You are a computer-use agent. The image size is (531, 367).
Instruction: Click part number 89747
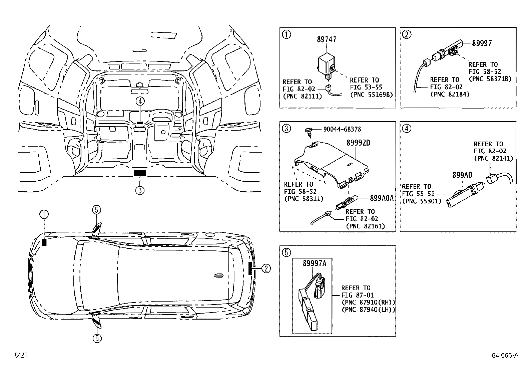pyautogui.click(x=327, y=39)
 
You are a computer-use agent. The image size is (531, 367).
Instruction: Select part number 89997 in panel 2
pyautogui.click(x=482, y=43)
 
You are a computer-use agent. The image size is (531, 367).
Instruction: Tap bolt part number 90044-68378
pyautogui.click(x=342, y=129)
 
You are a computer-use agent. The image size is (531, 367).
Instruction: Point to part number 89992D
pyautogui.click(x=358, y=143)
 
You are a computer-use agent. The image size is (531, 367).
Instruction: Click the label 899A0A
pyautogui.click(x=382, y=198)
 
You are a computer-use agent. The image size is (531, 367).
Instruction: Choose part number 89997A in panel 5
pyautogui.click(x=314, y=263)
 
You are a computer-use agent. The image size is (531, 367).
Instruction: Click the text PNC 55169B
pyautogui.click(x=371, y=95)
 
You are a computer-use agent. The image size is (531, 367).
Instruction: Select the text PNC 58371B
pyautogui.click(x=490, y=79)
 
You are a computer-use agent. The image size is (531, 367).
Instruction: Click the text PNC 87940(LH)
pyautogui.click(x=368, y=310)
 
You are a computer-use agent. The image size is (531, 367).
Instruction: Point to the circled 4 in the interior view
pyautogui.click(x=140, y=101)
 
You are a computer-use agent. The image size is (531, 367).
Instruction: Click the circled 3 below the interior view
pyautogui.click(x=140, y=190)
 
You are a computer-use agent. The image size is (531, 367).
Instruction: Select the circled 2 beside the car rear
pyautogui.click(x=266, y=268)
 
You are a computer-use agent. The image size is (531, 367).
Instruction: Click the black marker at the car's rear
pyautogui.click(x=250, y=268)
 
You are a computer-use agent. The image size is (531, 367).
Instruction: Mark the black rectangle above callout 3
pyautogui.click(x=140, y=173)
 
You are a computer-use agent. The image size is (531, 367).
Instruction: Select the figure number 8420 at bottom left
pyautogui.click(x=20, y=356)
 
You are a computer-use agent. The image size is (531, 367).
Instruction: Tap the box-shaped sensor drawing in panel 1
pyautogui.click(x=326, y=63)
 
